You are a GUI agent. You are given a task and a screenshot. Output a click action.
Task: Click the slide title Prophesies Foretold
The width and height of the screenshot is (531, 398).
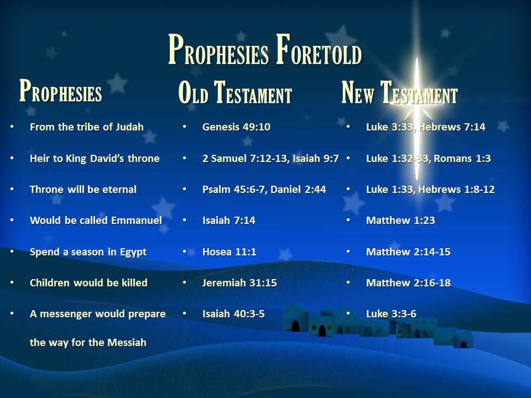265,50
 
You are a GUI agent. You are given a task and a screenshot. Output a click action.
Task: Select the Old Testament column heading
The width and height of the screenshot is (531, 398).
235,92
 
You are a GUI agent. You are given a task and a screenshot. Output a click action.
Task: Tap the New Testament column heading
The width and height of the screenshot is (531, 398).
399,92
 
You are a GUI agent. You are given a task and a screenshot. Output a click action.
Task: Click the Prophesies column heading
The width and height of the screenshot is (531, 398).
61,91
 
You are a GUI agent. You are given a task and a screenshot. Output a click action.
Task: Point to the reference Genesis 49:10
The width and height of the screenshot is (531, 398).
236,127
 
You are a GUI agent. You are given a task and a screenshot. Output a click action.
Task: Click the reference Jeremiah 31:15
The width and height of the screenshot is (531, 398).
240,283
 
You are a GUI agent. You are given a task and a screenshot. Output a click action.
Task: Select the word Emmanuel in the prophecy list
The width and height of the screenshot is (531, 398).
137,221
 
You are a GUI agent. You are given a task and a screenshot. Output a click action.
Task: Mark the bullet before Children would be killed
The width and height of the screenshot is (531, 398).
12,282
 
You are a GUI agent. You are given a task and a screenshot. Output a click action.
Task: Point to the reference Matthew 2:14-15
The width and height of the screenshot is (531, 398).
408,252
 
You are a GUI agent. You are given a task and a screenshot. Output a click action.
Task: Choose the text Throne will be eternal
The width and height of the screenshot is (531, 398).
83,190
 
